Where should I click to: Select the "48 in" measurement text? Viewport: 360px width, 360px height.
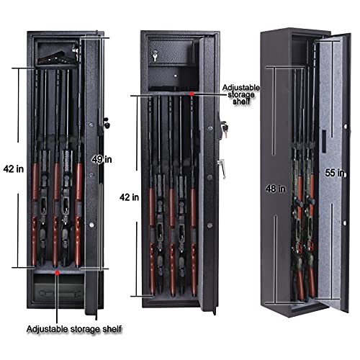(x=276, y=189)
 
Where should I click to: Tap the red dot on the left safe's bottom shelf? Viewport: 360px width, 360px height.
(x=58, y=272)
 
